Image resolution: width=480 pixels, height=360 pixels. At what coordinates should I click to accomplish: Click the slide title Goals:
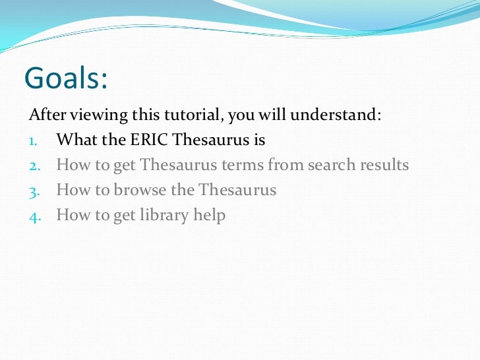coord(66,78)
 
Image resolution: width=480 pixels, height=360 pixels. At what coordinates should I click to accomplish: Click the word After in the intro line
coord(45,115)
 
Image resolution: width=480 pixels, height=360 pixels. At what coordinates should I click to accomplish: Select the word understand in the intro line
coord(336,115)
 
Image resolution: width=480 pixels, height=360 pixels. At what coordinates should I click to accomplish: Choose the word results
coord(383,165)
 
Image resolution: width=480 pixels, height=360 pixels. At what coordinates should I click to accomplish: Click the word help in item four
coord(210,215)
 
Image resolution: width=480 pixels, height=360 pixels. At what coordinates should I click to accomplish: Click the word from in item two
coord(284,165)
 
